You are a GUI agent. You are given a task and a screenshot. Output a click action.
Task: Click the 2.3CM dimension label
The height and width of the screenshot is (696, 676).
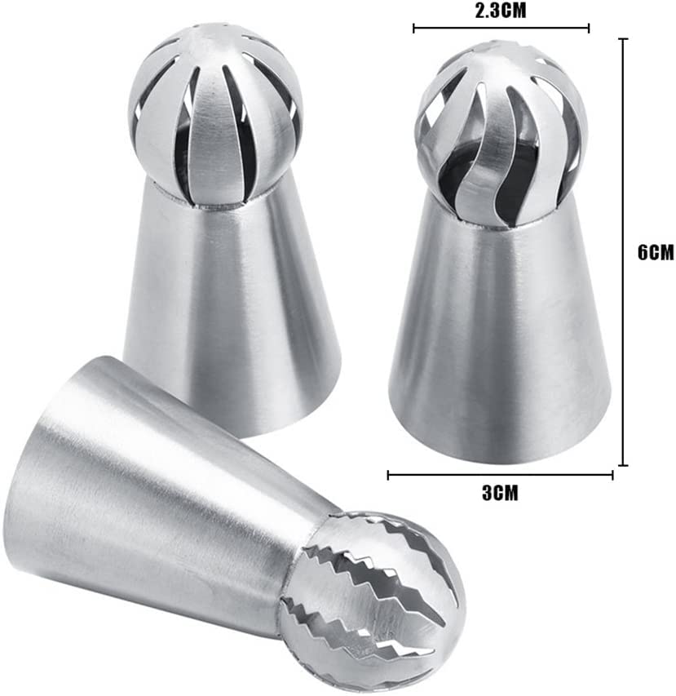click(501, 11)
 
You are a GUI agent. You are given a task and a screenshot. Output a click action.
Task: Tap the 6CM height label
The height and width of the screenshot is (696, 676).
click(656, 253)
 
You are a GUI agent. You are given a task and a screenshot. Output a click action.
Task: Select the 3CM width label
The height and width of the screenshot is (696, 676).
click(500, 493)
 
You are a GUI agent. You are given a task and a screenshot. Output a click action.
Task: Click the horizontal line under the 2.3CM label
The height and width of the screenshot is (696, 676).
click(501, 29)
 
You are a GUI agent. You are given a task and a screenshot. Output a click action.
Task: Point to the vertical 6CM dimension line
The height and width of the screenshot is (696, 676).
click(623, 252)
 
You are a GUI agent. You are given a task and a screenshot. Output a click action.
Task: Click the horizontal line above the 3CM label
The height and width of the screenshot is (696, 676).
click(501, 475)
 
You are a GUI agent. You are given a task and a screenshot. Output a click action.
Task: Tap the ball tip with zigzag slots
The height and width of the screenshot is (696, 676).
click(372, 600)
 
